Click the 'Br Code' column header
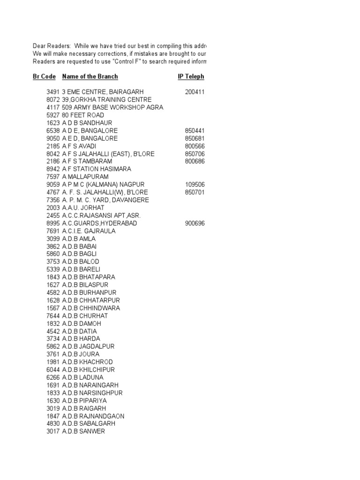tap(44, 76)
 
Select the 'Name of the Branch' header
tap(90, 76)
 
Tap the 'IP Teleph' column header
tap(191, 76)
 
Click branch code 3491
tap(53, 92)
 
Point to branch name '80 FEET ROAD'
tap(83, 115)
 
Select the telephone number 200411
tap(195, 92)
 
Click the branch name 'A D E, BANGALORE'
tap(90, 130)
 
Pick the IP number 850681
tap(195, 138)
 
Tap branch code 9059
tap(53, 184)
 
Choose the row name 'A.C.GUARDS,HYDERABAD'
tap(99, 223)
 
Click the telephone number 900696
tap(195, 223)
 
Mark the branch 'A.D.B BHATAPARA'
tap(88, 277)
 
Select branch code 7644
tap(53, 315)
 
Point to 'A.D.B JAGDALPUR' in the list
tap(88, 346)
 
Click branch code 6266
tap(53, 377)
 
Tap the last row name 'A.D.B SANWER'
tap(83, 431)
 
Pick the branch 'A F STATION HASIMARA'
tap(97, 169)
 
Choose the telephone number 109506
tap(195, 184)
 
